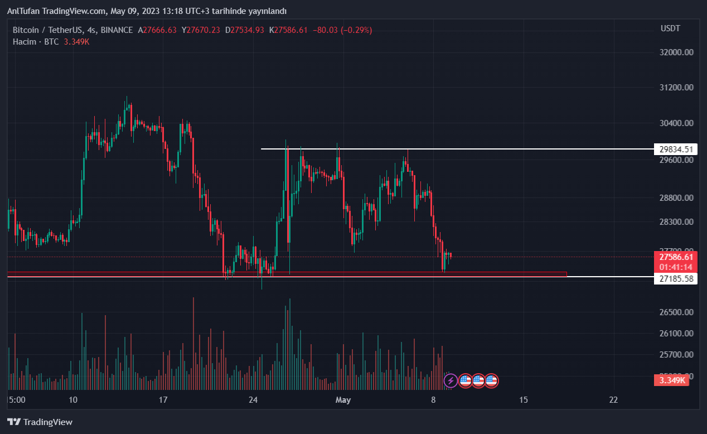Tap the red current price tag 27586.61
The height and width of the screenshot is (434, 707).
[x=676, y=257]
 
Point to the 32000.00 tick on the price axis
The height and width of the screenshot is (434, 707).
[x=676, y=52]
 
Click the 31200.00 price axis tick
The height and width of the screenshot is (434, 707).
[x=676, y=88]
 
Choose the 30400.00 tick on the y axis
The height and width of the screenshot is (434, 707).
[x=676, y=123]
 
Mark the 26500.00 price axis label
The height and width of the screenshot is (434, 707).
[x=676, y=312]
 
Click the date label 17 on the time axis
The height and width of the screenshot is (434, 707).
[x=163, y=399]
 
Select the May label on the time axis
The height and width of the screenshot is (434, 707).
[x=343, y=399]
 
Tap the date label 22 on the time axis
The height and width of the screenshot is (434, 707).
[x=613, y=399]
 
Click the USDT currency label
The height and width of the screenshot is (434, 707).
[x=670, y=28]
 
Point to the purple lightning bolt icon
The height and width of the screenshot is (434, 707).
[x=451, y=380]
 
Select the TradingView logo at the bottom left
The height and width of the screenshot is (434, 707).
[x=40, y=422]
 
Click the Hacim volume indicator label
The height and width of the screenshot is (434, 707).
[x=25, y=42]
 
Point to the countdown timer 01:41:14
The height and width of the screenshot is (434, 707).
[x=676, y=267]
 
